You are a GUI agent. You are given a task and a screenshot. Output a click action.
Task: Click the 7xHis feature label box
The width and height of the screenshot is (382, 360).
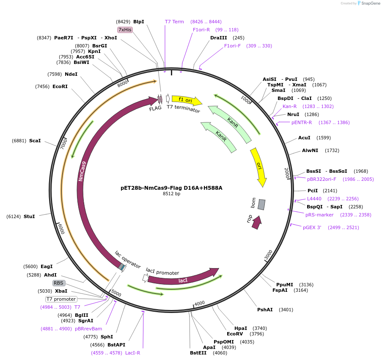pyautogui.click(x=125, y=30)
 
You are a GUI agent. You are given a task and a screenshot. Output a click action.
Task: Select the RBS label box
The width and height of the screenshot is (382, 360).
pyautogui.click(x=59, y=283)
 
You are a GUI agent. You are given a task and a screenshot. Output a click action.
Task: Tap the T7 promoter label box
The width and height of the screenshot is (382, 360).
pyautogui.click(x=61, y=299)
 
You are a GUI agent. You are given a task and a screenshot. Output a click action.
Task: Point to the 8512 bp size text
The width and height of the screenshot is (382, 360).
pyautogui.click(x=171, y=194)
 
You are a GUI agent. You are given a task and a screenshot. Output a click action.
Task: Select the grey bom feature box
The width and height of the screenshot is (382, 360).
pyautogui.click(x=261, y=205)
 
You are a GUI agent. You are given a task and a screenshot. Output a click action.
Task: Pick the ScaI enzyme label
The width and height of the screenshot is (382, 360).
pyautogui.click(x=35, y=141)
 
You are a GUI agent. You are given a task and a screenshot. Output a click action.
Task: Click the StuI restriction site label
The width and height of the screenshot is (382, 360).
pyautogui.click(x=29, y=216)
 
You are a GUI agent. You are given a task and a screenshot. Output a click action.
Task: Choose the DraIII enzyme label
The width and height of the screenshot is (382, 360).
pyautogui.click(x=218, y=38)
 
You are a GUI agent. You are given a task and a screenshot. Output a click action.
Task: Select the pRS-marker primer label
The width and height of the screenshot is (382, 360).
pyautogui.click(x=319, y=215)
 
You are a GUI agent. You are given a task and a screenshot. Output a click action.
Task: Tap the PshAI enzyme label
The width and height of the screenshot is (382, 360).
pyautogui.click(x=265, y=310)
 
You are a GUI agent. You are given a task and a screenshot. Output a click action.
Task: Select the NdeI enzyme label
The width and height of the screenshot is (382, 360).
pyautogui.click(x=71, y=74)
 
